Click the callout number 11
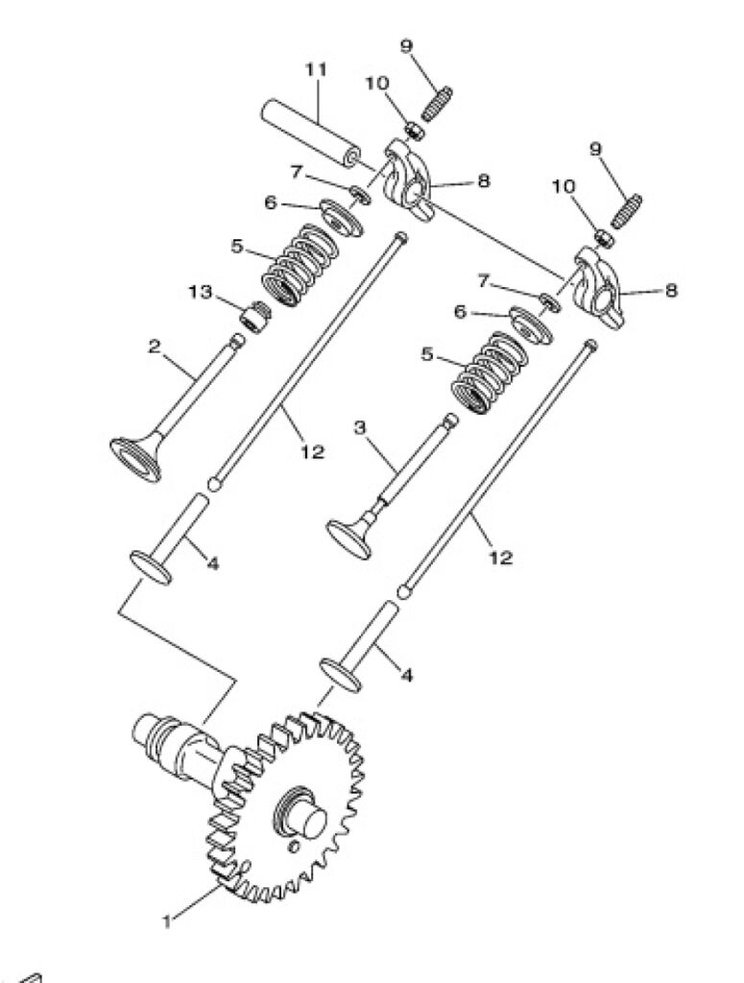(317, 69)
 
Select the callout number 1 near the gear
(167, 922)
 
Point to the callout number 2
(155, 346)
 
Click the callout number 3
(359, 428)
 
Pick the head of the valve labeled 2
(136, 458)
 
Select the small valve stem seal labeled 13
(255, 316)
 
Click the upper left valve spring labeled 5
(297, 265)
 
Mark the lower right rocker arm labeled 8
(599, 288)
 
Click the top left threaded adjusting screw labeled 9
(436, 104)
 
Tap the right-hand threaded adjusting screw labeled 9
(626, 211)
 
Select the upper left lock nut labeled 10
(415, 131)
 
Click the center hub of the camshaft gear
(302, 818)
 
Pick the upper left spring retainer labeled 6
(342, 217)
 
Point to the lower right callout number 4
(406, 676)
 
